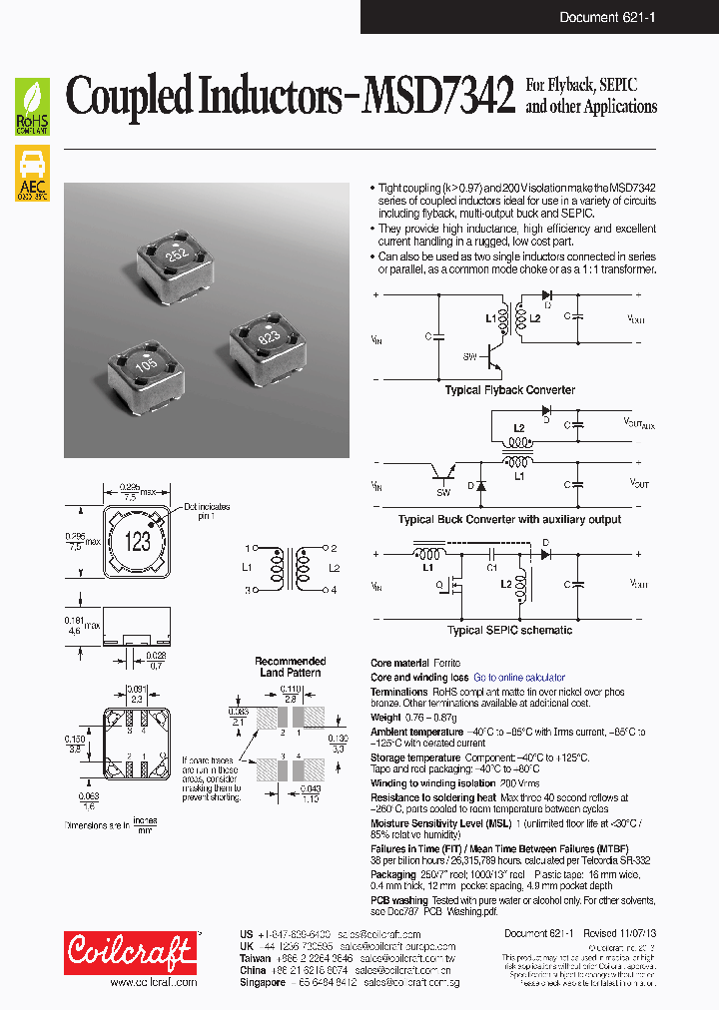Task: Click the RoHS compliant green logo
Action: pyautogui.click(x=32, y=108)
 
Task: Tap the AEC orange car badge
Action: pyautogui.click(x=32, y=174)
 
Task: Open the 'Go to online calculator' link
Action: pyautogui.click(x=518, y=678)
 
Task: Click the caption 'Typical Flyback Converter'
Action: pyautogui.click(x=509, y=390)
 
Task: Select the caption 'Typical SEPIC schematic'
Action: pyautogui.click(x=509, y=631)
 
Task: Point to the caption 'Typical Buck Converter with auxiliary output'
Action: pyautogui.click(x=509, y=519)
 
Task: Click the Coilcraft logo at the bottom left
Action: pyautogui.click(x=130, y=952)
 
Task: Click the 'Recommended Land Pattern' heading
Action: pyautogui.click(x=290, y=667)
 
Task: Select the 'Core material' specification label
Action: pyautogui.click(x=399, y=663)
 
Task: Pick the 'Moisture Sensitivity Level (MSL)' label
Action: pyautogui.click(x=439, y=822)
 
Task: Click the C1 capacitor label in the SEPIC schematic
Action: pyautogui.click(x=492, y=567)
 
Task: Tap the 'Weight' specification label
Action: pyautogui.click(x=385, y=717)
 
